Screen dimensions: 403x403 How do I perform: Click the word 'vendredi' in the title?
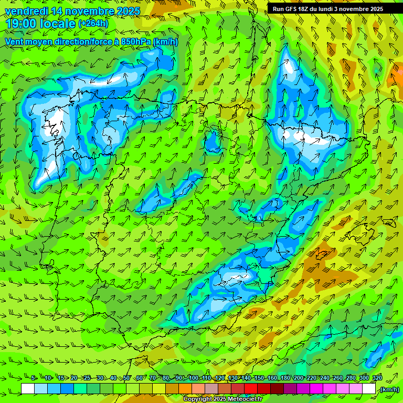point(27,11)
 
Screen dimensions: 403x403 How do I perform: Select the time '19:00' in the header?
point(22,24)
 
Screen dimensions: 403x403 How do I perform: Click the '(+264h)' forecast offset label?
point(93,24)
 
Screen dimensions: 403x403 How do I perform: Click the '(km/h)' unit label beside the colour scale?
point(389,389)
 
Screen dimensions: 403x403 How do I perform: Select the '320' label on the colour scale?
point(376,378)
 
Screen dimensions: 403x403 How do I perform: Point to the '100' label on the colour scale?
point(193,378)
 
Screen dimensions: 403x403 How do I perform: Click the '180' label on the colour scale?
point(285,378)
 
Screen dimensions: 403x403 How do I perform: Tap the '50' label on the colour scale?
point(127,378)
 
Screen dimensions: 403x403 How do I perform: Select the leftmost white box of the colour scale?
point(28,389)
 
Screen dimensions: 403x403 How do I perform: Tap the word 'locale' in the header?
point(57,24)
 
